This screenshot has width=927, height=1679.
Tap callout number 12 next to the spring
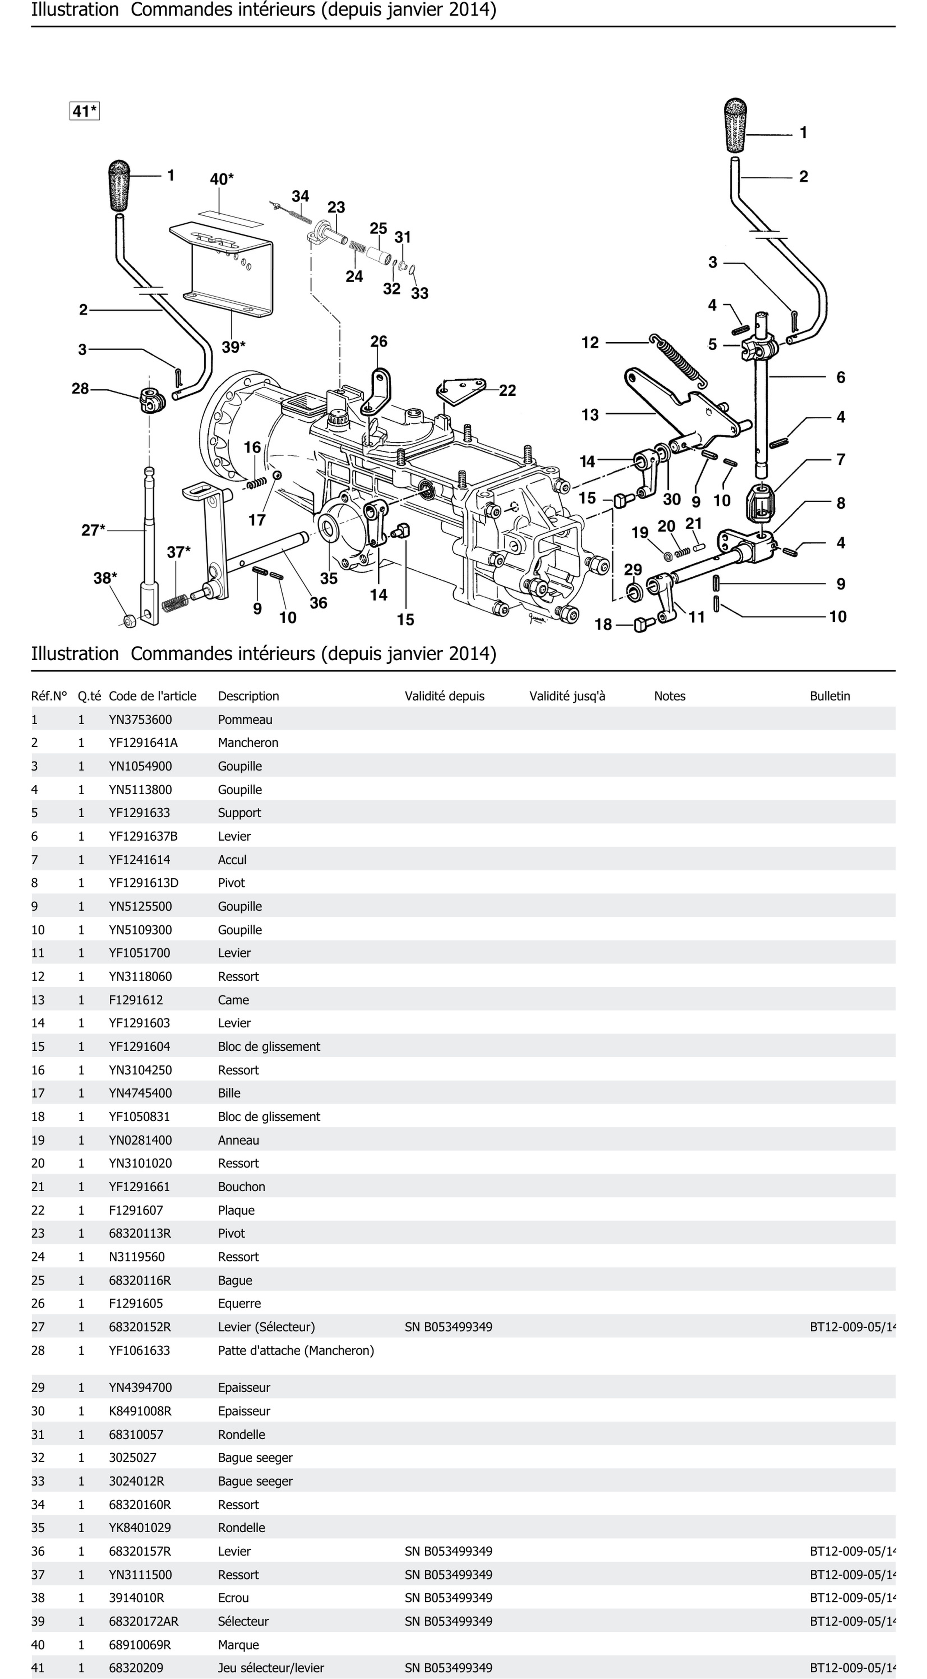point(590,343)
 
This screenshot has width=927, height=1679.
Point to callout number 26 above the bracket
point(379,342)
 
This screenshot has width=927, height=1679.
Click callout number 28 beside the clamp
point(80,388)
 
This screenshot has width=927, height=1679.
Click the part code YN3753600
point(140,719)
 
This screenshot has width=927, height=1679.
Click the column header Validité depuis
point(445,696)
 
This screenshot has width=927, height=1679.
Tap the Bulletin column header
point(830,696)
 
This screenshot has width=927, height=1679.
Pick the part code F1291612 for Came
point(136,1000)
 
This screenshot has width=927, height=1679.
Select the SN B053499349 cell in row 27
point(449,1327)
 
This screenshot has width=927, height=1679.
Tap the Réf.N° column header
point(49,696)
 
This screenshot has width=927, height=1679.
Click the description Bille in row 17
point(229,1093)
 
